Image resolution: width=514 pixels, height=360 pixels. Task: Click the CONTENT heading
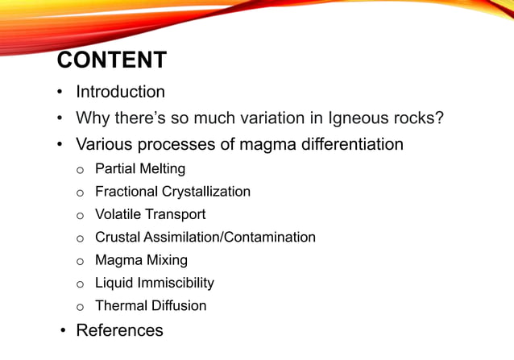tap(112, 60)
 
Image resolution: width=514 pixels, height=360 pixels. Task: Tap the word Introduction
tap(120, 92)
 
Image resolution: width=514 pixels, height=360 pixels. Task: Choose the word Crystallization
tap(205, 192)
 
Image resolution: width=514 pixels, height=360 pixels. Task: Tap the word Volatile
tap(118, 214)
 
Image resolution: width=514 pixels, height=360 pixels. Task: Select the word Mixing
tap(166, 260)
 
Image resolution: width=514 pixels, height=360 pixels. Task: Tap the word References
tap(119, 330)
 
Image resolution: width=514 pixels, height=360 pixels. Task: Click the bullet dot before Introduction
tap(60, 93)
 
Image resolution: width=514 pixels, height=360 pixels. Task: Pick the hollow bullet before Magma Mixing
tap(80, 261)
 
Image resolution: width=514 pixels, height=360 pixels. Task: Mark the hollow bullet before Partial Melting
tap(80, 170)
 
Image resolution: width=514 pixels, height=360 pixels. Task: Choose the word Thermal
tap(119, 306)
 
